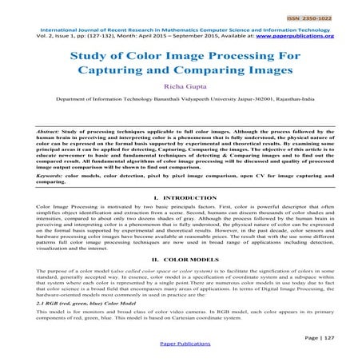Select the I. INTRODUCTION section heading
181,218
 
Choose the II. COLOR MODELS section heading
181,280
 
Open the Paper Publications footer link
181,355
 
